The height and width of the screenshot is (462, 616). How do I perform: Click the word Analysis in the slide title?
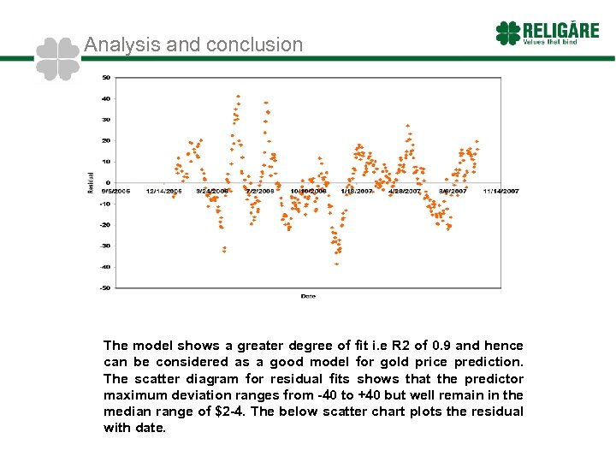pyautogui.click(x=116, y=44)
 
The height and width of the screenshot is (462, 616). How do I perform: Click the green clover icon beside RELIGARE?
pyautogui.click(x=507, y=33)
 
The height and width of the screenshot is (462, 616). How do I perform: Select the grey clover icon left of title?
pyautogui.click(x=58, y=59)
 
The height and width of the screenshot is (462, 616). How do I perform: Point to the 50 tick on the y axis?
pyautogui.click(x=105, y=77)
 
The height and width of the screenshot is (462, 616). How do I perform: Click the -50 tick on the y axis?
pyautogui.click(x=104, y=287)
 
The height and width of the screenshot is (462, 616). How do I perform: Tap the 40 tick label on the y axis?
pyautogui.click(x=105, y=98)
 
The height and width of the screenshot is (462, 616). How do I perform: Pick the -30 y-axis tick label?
pyautogui.click(x=104, y=246)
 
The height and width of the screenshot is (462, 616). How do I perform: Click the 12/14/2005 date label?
pyautogui.click(x=164, y=191)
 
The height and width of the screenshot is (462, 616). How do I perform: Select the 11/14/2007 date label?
pyautogui.click(x=501, y=191)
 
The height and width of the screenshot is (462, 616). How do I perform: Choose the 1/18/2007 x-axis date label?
pyautogui.click(x=356, y=191)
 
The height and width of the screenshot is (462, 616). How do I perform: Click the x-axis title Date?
pyautogui.click(x=308, y=296)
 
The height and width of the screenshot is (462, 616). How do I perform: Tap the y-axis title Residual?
pyautogui.click(x=91, y=182)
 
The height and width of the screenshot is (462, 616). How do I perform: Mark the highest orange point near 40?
pyautogui.click(x=238, y=96)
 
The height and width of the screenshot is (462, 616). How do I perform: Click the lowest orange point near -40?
pyautogui.click(x=336, y=264)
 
